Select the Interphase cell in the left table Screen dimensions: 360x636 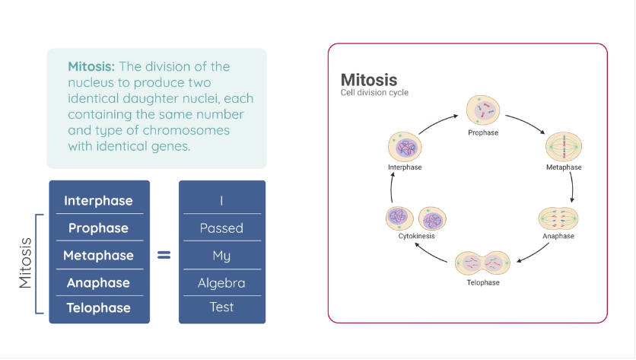point(98,201)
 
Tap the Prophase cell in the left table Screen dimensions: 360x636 point(98,228)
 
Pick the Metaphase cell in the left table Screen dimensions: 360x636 point(98,256)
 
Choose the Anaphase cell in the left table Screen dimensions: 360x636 point(98,283)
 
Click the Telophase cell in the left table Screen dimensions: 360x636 point(98,307)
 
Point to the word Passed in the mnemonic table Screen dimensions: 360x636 point(221,228)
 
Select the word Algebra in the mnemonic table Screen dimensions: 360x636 point(221,283)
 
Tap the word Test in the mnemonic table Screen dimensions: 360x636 point(221,307)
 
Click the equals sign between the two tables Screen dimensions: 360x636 point(164,256)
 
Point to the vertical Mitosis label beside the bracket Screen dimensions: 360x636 point(26,263)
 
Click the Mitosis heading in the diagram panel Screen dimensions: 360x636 point(368,80)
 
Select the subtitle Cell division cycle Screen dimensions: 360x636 point(374,93)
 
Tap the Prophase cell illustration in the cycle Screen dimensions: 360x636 point(482,111)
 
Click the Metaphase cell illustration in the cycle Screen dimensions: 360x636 point(564,145)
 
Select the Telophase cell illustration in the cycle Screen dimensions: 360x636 point(483,264)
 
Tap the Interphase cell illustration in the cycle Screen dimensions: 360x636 point(404,147)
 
